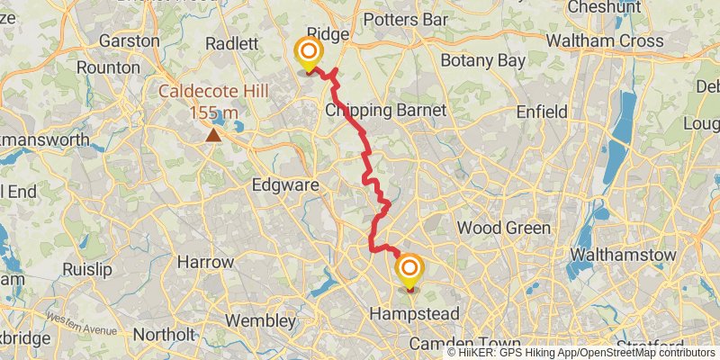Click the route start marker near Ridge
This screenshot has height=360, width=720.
point(309,53)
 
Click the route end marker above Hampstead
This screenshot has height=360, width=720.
point(409,270)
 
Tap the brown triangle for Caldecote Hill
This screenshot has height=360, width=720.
point(213,135)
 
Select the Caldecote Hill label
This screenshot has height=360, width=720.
point(213,92)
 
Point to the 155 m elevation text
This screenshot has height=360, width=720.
point(214,112)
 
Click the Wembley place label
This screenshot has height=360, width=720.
point(260,320)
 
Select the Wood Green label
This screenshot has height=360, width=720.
point(503,228)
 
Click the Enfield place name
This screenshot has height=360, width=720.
point(542,112)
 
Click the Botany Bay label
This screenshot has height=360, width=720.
point(483,60)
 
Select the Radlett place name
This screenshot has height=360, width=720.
point(231,43)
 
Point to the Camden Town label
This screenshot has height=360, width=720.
point(464,345)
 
